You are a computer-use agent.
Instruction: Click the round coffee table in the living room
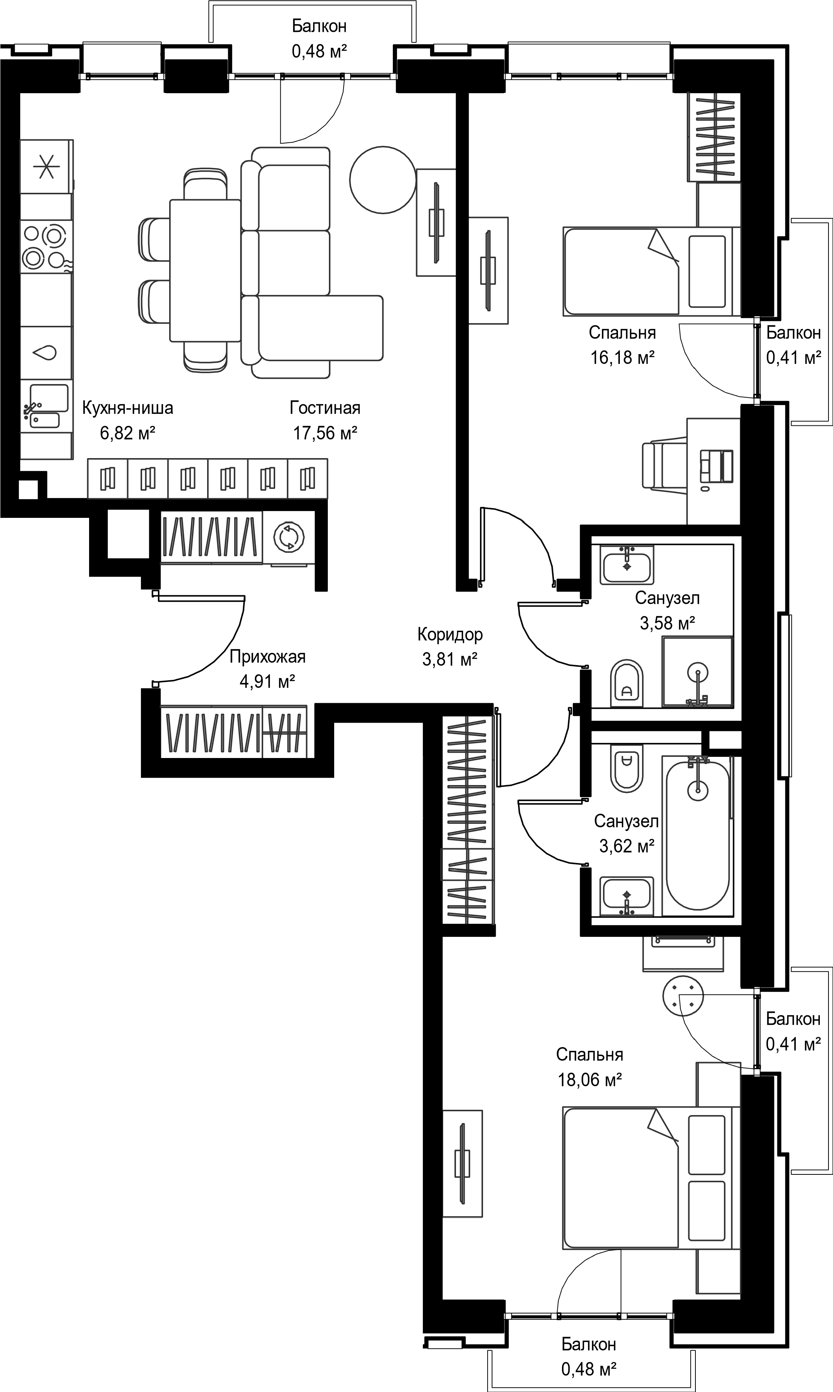click(x=383, y=180)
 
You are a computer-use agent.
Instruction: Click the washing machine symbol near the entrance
click(x=289, y=536)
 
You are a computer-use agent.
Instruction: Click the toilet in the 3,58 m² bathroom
click(x=626, y=683)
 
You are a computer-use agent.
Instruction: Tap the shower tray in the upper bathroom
click(x=698, y=671)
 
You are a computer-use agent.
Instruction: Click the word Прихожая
click(x=268, y=657)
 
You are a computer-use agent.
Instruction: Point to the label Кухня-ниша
click(x=128, y=408)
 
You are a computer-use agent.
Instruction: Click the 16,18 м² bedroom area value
click(x=622, y=357)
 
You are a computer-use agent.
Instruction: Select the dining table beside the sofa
click(x=206, y=270)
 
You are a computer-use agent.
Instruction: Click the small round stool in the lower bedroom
click(x=683, y=995)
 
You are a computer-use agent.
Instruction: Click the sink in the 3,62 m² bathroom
click(x=626, y=896)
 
